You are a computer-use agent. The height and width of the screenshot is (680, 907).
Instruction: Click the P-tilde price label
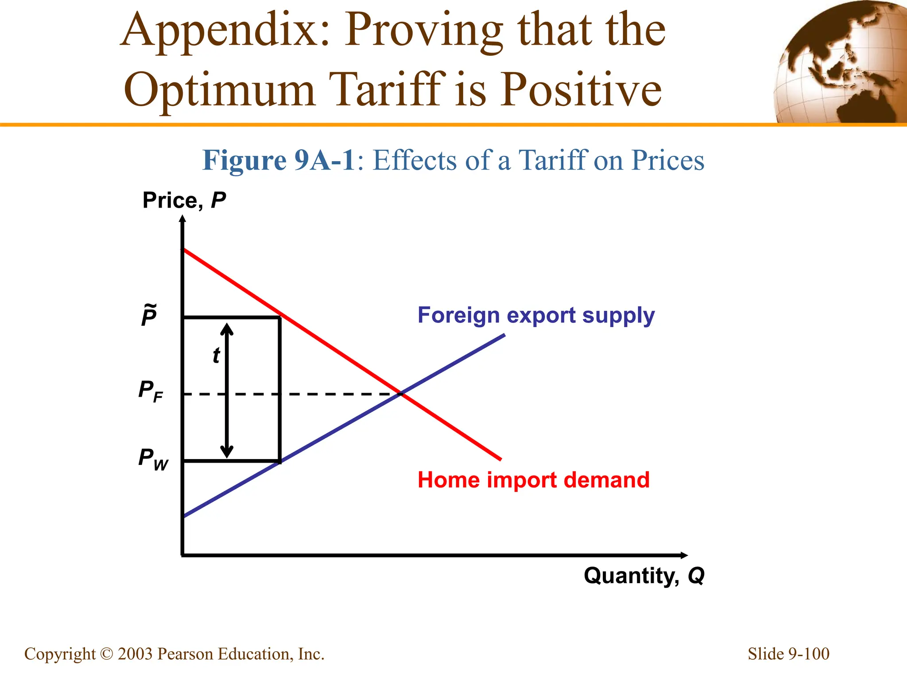[x=149, y=315]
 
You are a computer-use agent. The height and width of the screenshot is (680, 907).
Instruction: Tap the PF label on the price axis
[x=151, y=391]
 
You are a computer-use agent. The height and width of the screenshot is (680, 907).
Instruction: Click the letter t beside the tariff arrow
[x=216, y=355]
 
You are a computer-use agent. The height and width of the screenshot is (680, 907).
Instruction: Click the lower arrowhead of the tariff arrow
[x=227, y=452]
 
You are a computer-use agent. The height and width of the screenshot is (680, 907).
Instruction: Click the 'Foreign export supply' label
[x=536, y=316]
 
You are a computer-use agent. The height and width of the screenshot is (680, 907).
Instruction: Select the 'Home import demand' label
[x=533, y=480]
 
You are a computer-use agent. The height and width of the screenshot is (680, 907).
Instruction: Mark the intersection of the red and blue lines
[x=401, y=393]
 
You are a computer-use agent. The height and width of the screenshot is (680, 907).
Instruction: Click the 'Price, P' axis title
[x=184, y=200]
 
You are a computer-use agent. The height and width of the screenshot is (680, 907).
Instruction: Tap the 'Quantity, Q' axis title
[x=644, y=576]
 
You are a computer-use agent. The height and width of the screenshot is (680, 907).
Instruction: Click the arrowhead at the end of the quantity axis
[x=684, y=555]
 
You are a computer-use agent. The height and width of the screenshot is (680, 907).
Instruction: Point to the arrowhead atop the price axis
[x=182, y=219]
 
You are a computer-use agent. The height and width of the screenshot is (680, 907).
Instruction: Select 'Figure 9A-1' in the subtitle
[x=278, y=160]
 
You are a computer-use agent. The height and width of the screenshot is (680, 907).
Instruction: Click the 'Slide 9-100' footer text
[x=788, y=654]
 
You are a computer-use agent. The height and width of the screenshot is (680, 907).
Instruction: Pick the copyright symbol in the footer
[x=106, y=654]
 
